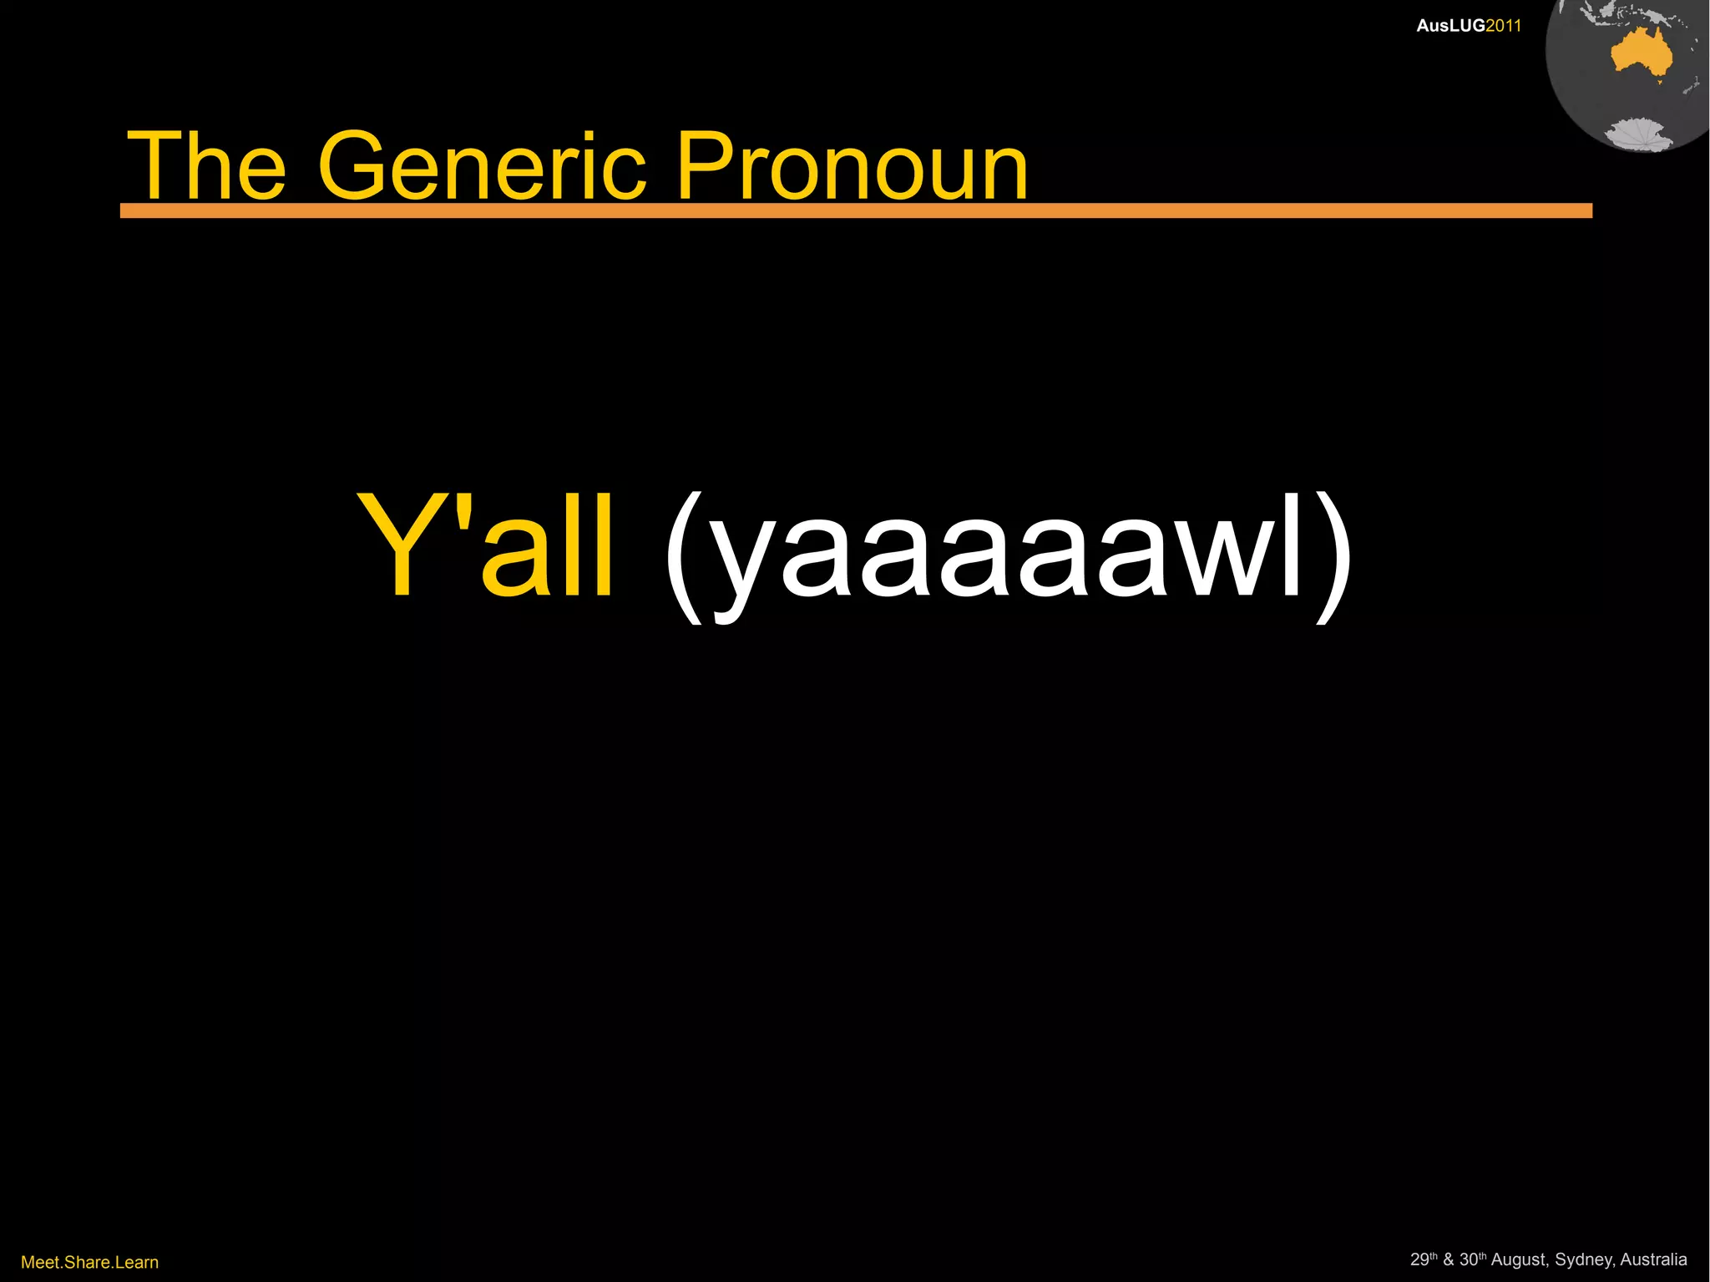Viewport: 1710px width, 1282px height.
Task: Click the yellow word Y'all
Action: pos(486,547)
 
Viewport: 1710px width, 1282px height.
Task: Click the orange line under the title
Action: pos(855,210)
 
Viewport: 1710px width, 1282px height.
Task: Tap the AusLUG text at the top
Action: pos(1450,26)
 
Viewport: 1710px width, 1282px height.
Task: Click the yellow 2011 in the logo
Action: pos(1503,26)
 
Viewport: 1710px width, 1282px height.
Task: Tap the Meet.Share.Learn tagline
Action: pos(89,1262)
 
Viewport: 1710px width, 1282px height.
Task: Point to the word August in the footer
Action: pos(1519,1259)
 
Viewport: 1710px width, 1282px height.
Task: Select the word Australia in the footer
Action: pos(1653,1259)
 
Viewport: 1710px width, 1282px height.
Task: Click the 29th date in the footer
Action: pos(1423,1259)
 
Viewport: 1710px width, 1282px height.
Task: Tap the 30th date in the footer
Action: pos(1473,1259)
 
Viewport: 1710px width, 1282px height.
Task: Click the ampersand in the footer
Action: pos(1448,1259)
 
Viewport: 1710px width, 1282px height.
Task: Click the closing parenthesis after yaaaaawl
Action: pos(1333,555)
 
